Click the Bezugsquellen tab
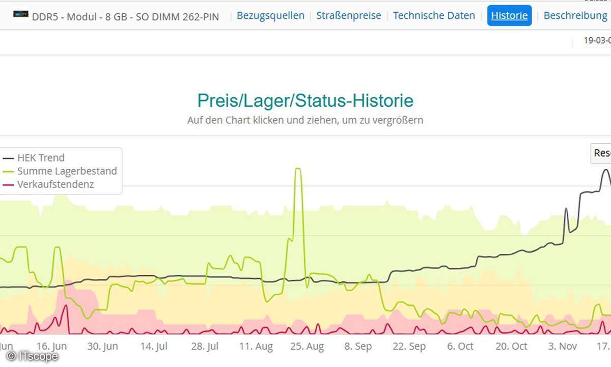(x=270, y=16)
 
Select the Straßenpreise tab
(x=348, y=16)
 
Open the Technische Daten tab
(x=434, y=16)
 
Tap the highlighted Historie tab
(x=509, y=16)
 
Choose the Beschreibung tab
(x=575, y=16)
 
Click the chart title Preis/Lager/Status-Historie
(x=305, y=100)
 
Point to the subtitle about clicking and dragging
(x=305, y=121)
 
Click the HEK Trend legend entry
(x=41, y=158)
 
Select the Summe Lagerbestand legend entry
(x=67, y=171)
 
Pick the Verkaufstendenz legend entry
(x=55, y=185)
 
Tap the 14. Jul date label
(x=154, y=347)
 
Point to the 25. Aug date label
(x=307, y=347)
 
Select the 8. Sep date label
(x=358, y=347)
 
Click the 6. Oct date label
(x=460, y=347)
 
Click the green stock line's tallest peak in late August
(x=298, y=169)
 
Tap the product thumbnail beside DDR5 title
(x=21, y=15)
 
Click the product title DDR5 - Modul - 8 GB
(x=125, y=17)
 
